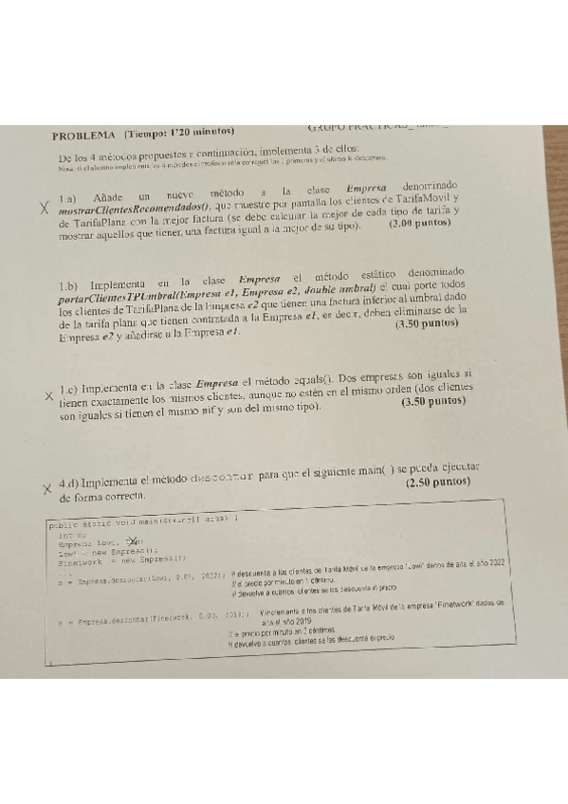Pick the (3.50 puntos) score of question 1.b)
tap(427, 323)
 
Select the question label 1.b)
tap(71, 284)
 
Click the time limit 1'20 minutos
tap(202, 133)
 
